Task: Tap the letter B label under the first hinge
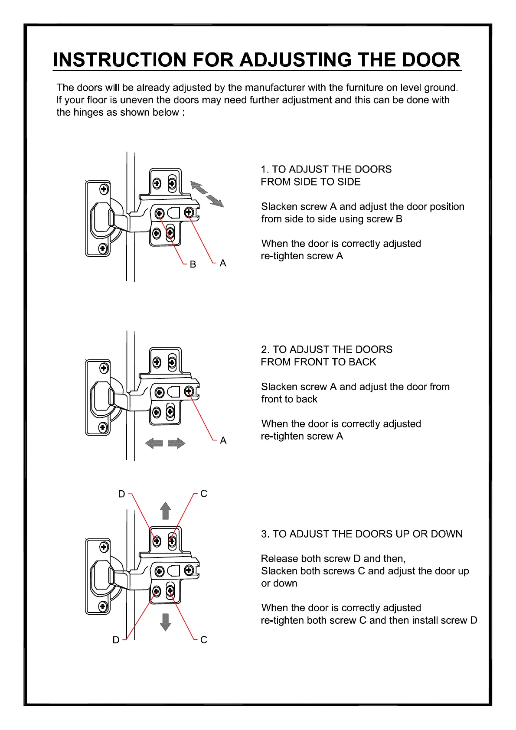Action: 193,264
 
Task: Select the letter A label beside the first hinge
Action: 223,263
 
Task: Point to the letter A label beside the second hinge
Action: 223,440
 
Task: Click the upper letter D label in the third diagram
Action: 121,494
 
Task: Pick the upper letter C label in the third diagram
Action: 204,494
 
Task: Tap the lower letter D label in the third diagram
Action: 116,640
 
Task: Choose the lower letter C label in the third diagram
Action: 204,640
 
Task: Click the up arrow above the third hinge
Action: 165,511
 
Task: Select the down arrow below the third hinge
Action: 165,622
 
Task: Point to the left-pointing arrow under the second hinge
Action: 154,443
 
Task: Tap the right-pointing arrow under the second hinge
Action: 176,443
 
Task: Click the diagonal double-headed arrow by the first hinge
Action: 207,194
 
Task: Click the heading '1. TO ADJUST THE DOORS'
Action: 326,169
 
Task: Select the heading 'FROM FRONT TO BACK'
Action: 318,362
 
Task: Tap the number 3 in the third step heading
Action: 264,534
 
